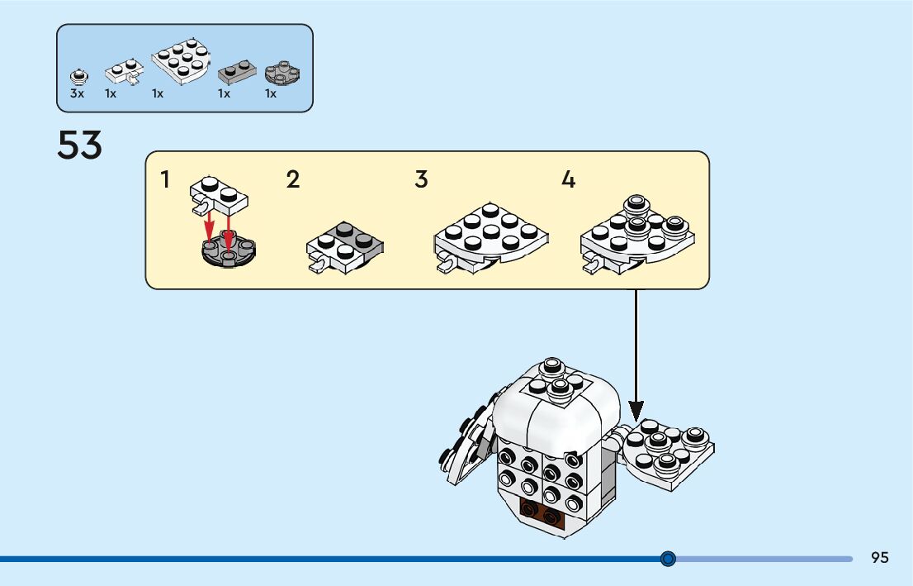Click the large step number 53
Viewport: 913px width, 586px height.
pyautogui.click(x=79, y=146)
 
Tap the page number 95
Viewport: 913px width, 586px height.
pyautogui.click(x=879, y=558)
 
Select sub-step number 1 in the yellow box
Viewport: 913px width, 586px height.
pyautogui.click(x=165, y=179)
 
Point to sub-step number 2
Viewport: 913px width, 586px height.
pyautogui.click(x=293, y=179)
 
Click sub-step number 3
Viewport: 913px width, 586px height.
pyautogui.click(x=421, y=179)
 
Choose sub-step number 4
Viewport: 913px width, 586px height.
pyautogui.click(x=568, y=179)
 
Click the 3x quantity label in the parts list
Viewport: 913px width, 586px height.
pyautogui.click(x=77, y=94)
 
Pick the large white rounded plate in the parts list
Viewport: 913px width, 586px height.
pyautogui.click(x=180, y=62)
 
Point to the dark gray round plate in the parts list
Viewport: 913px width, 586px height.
pyautogui.click(x=281, y=74)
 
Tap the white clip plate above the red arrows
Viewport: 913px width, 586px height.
pyautogui.click(x=220, y=196)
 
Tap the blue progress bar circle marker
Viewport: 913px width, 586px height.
pyautogui.click(x=668, y=559)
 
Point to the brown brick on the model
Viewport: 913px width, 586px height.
pyautogui.click(x=542, y=512)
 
